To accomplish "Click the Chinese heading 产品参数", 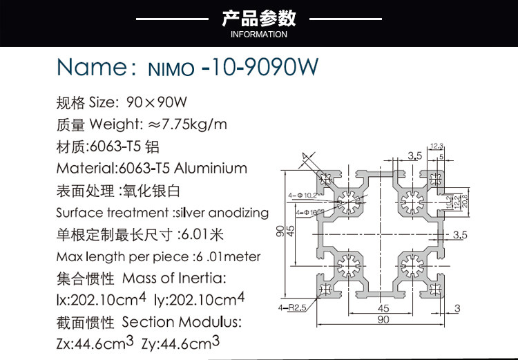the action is (x=259, y=17).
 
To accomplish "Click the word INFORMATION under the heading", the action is (x=259, y=35).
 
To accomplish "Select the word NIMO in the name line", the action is (x=170, y=68).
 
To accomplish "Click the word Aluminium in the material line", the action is (x=211, y=168).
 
